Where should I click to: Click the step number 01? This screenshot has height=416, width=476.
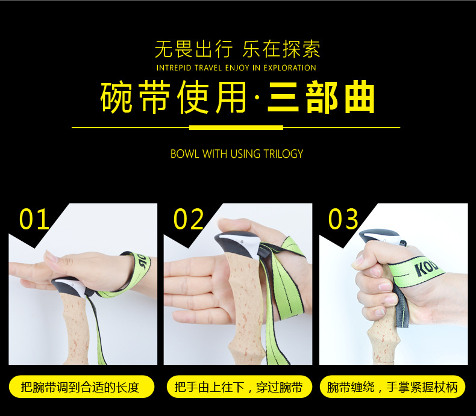pos(34,219)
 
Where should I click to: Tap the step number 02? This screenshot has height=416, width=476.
pos(189,219)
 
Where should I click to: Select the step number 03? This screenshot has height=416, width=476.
pos(343,219)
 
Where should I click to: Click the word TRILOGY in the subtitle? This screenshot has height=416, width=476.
pos(283,154)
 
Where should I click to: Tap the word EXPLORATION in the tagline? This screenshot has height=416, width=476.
pos(290,68)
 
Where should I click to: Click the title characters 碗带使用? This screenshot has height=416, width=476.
pos(174,98)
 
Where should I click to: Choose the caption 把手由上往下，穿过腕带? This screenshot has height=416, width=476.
pos(238,387)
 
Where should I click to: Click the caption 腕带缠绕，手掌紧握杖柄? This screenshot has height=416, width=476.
pos(392,387)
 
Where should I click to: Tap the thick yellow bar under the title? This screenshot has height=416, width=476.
pos(236,128)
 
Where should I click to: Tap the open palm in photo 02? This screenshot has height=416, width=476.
pos(193,283)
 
